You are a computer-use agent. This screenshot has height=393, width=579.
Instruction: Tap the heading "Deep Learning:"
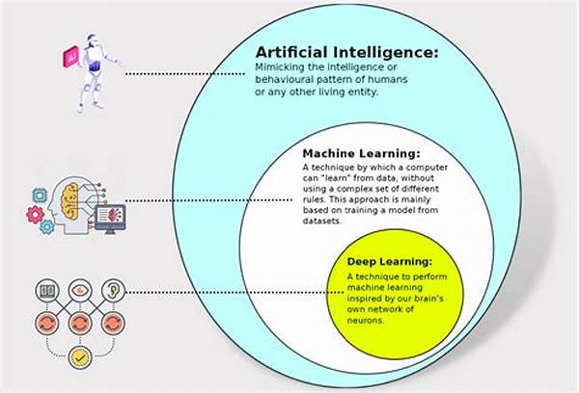point(388,262)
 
